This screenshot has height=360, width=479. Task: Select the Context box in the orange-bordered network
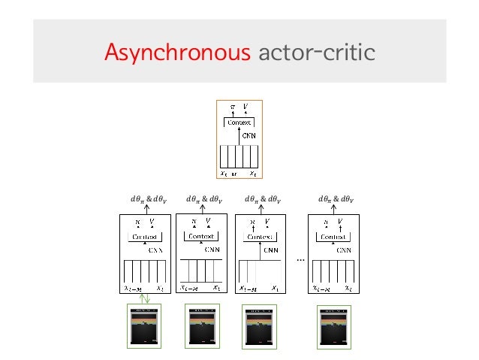239,123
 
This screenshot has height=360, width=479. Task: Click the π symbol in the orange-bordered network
232,107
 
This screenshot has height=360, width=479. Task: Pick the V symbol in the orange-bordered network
246,106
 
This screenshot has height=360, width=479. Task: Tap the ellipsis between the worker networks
298,259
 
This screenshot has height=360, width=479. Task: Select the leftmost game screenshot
146,328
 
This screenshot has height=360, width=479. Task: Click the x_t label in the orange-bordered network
254,172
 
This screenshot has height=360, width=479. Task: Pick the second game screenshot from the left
202,328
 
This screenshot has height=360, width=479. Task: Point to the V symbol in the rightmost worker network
341,222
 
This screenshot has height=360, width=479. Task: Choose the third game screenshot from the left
260,328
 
